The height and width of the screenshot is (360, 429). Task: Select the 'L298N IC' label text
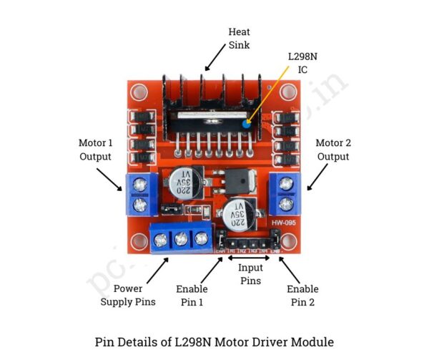tap(298, 62)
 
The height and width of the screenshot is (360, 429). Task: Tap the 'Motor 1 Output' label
tap(96, 150)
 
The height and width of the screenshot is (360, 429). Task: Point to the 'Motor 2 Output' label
tap(332, 150)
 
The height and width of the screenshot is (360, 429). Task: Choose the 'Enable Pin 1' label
tap(192, 295)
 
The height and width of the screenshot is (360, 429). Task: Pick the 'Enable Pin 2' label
tap(303, 295)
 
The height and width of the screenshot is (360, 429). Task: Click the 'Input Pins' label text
tap(250, 274)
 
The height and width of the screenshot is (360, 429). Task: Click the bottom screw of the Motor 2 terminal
tap(287, 205)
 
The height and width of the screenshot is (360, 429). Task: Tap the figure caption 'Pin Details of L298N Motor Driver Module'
tap(214, 341)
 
